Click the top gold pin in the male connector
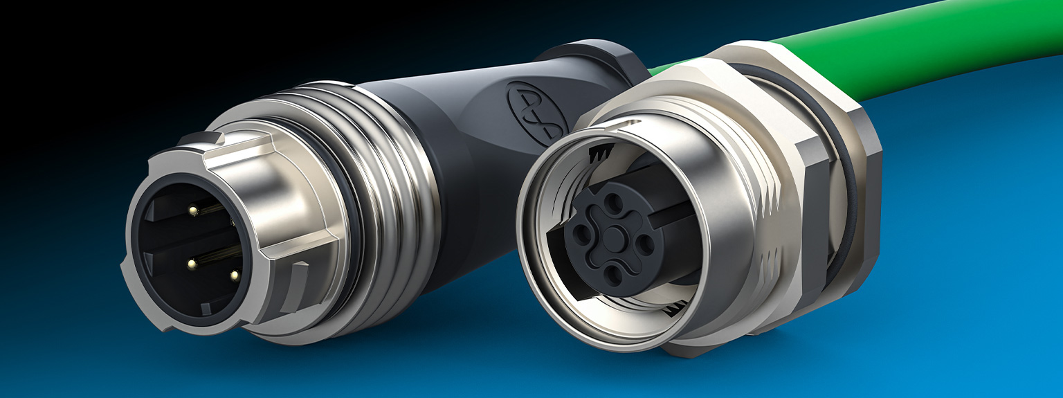(193, 209)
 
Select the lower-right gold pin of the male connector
(234, 275)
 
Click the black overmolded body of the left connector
(443, 138)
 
